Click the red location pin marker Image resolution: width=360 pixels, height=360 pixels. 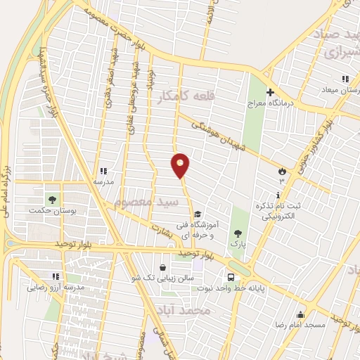point(181,165)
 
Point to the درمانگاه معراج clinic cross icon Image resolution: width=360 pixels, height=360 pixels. point(270,91)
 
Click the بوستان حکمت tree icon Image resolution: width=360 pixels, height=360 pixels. point(51,198)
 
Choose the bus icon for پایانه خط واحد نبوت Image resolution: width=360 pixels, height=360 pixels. point(231,276)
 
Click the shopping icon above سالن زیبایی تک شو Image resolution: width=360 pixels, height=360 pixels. point(163,267)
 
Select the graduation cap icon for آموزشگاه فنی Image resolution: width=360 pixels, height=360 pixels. point(198,214)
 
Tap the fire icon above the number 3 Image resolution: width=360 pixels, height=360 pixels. point(282,170)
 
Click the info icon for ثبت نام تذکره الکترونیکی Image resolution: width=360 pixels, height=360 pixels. point(278,195)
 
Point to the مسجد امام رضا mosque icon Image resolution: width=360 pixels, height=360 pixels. point(300,314)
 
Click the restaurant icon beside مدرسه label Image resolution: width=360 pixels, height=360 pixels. point(103,170)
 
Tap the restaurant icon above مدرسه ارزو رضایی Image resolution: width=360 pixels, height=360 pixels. point(56,276)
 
